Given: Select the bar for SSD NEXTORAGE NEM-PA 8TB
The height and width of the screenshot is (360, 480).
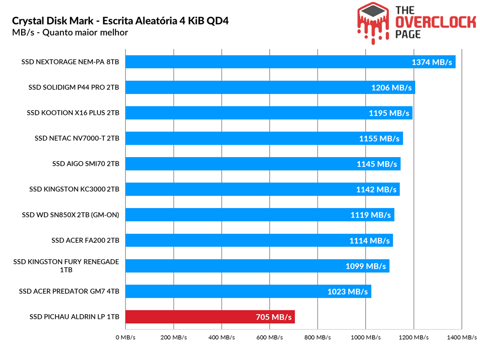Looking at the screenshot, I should (x=290, y=62).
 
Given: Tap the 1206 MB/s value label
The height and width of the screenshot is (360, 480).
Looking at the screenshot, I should (x=391, y=88).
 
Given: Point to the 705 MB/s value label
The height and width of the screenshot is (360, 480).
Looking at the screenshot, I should (x=274, y=317).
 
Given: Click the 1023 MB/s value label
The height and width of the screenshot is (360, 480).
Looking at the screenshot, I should (x=347, y=291).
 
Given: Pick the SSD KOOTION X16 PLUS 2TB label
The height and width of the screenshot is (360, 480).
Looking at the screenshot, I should (x=73, y=113).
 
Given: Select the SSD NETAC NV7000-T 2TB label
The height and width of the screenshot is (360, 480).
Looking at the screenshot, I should (x=77, y=138).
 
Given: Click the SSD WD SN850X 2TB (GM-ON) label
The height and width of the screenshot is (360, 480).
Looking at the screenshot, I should (x=70, y=215).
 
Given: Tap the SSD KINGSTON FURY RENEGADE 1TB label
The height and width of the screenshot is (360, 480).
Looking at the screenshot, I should (x=66, y=266).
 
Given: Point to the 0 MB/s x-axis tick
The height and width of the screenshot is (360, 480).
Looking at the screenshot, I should (x=125, y=338).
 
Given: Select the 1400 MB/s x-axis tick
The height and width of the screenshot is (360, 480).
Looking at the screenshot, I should (x=461, y=338).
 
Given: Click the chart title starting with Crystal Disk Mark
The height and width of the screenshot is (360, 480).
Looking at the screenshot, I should (x=120, y=21).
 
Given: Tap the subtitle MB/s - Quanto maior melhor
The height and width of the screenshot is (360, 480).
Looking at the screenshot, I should (x=70, y=33).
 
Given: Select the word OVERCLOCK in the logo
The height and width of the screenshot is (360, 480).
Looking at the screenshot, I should (x=436, y=22).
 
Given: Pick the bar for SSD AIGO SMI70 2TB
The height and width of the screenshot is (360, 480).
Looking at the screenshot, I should (x=263, y=164).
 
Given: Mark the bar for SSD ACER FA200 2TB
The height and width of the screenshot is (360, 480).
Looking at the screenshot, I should (x=259, y=240).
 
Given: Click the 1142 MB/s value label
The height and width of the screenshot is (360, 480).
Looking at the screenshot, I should (x=376, y=189).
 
